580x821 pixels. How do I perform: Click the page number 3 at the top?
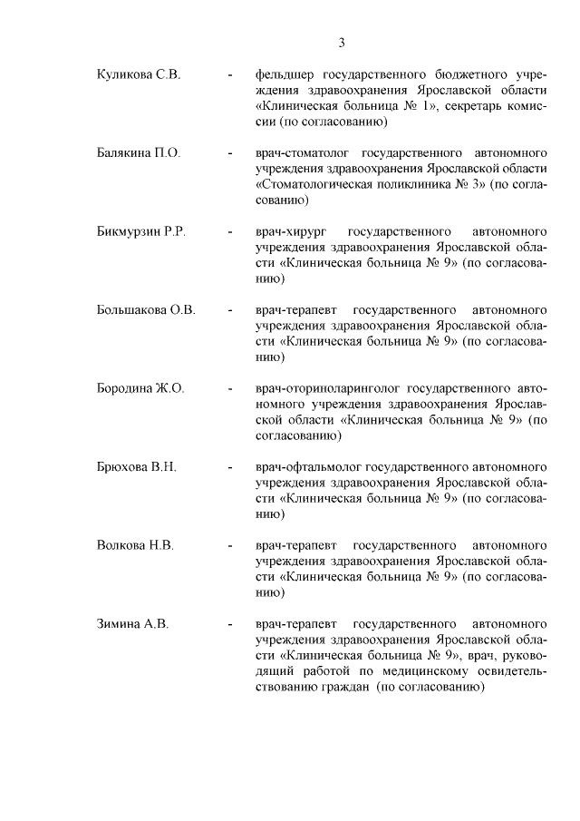pyautogui.click(x=342, y=42)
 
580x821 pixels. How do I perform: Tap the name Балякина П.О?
pyautogui.click(x=139, y=152)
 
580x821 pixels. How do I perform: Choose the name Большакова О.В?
pyautogui.click(x=146, y=310)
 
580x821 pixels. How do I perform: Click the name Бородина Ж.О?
pyautogui.click(x=140, y=389)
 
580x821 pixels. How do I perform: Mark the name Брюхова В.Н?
pyautogui.click(x=136, y=468)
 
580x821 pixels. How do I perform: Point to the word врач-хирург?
pyautogui.click(x=290, y=231)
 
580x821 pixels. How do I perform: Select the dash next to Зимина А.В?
pyautogui.click(x=231, y=626)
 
